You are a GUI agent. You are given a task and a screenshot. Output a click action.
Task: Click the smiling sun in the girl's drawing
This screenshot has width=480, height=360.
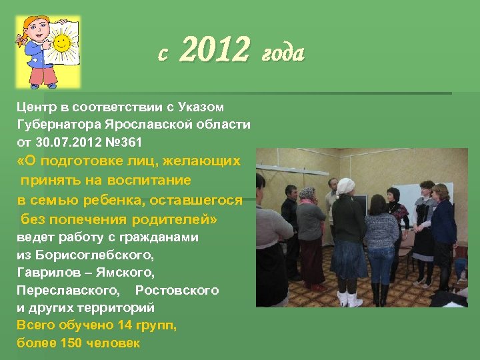[61, 43]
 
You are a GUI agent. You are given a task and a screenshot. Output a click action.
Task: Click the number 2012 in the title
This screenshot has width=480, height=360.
[215, 51]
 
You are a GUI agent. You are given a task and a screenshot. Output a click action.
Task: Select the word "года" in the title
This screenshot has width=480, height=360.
[283, 52]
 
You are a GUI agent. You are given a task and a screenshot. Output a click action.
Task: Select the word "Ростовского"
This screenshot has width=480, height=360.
[177, 291]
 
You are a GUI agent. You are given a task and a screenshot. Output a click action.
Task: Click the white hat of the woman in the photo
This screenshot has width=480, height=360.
[345, 185]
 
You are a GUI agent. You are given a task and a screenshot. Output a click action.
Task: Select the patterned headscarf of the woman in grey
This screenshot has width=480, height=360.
[307, 194]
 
